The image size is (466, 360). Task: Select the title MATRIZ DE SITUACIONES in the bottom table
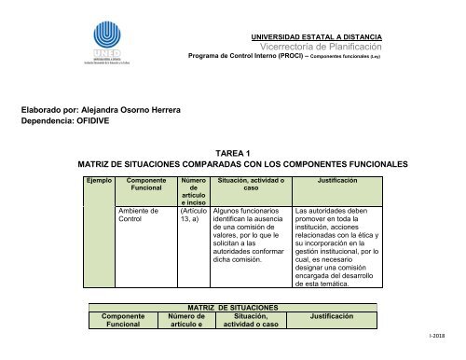click(233, 307)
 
